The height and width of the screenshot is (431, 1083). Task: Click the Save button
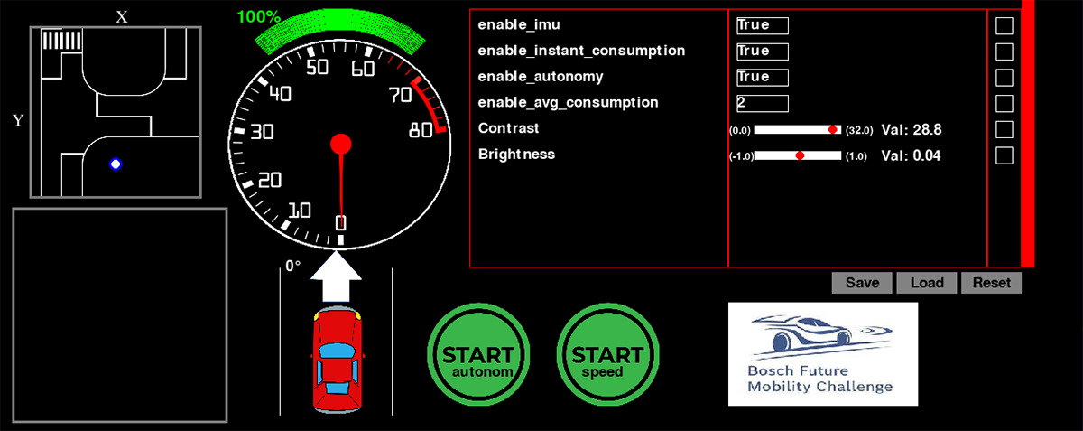pos(862,283)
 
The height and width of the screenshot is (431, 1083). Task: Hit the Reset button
pos(991,283)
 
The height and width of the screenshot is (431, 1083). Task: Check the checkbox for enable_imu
pos(1004,25)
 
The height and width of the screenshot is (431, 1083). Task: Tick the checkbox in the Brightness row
pos(1004,155)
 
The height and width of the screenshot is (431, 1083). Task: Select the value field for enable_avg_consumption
pos(762,103)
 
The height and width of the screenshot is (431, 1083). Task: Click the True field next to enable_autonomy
pos(762,77)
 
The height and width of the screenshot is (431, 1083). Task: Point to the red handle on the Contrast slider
pos(833,130)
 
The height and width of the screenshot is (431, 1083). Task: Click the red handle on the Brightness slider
pos(800,155)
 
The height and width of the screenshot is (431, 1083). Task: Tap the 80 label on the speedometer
pos(420,130)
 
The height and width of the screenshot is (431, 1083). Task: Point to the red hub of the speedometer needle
pos(340,144)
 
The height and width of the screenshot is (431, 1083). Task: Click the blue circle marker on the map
pos(116,164)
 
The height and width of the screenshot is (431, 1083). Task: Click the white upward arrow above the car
pos(336,276)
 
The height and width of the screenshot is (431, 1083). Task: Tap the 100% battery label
pos(258,16)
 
